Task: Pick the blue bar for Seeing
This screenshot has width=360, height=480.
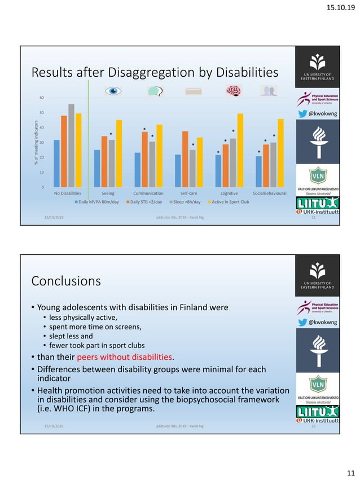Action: [x=97, y=168]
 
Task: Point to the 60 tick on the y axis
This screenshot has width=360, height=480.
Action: [x=41, y=98]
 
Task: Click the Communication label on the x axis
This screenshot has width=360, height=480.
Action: [x=148, y=193]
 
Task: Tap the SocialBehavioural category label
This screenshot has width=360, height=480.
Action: [x=269, y=193]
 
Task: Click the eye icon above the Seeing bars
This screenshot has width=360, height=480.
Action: [x=115, y=91]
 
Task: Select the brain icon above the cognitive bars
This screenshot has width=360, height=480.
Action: [x=232, y=91]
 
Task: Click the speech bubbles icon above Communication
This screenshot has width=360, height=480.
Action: [x=155, y=91]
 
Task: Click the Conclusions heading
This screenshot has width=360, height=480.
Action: [x=66, y=280]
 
